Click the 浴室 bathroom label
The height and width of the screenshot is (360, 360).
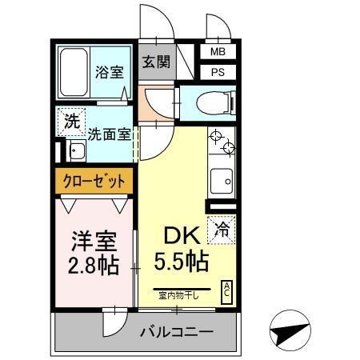(x=109, y=72)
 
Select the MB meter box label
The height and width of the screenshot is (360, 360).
(x=218, y=52)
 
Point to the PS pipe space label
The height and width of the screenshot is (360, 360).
(x=218, y=72)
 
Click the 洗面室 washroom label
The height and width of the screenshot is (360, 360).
(x=110, y=134)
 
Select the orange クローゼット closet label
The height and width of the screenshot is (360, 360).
(x=94, y=182)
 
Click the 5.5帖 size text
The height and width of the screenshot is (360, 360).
(x=182, y=261)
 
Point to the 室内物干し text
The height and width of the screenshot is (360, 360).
(x=182, y=294)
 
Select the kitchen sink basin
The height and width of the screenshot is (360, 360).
(x=222, y=181)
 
